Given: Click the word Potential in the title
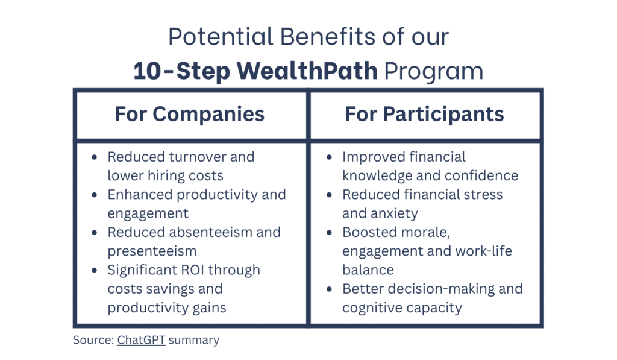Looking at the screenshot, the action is coord(221,37).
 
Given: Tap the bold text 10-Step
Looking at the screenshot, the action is coord(181,71).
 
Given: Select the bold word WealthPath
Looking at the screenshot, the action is coord(307,71).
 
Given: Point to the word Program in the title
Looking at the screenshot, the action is coord(434,72).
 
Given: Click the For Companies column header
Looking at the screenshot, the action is coord(190,114).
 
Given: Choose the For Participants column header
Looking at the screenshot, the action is coord(425,114).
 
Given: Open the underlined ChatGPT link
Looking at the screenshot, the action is coord(141,339).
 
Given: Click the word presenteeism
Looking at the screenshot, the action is coord(152,251).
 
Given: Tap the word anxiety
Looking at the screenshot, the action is coord(396,213).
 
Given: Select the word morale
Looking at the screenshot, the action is coord(427,232).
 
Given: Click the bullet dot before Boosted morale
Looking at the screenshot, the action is coord(330,233).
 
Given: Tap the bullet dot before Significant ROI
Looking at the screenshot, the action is coord(95,271).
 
